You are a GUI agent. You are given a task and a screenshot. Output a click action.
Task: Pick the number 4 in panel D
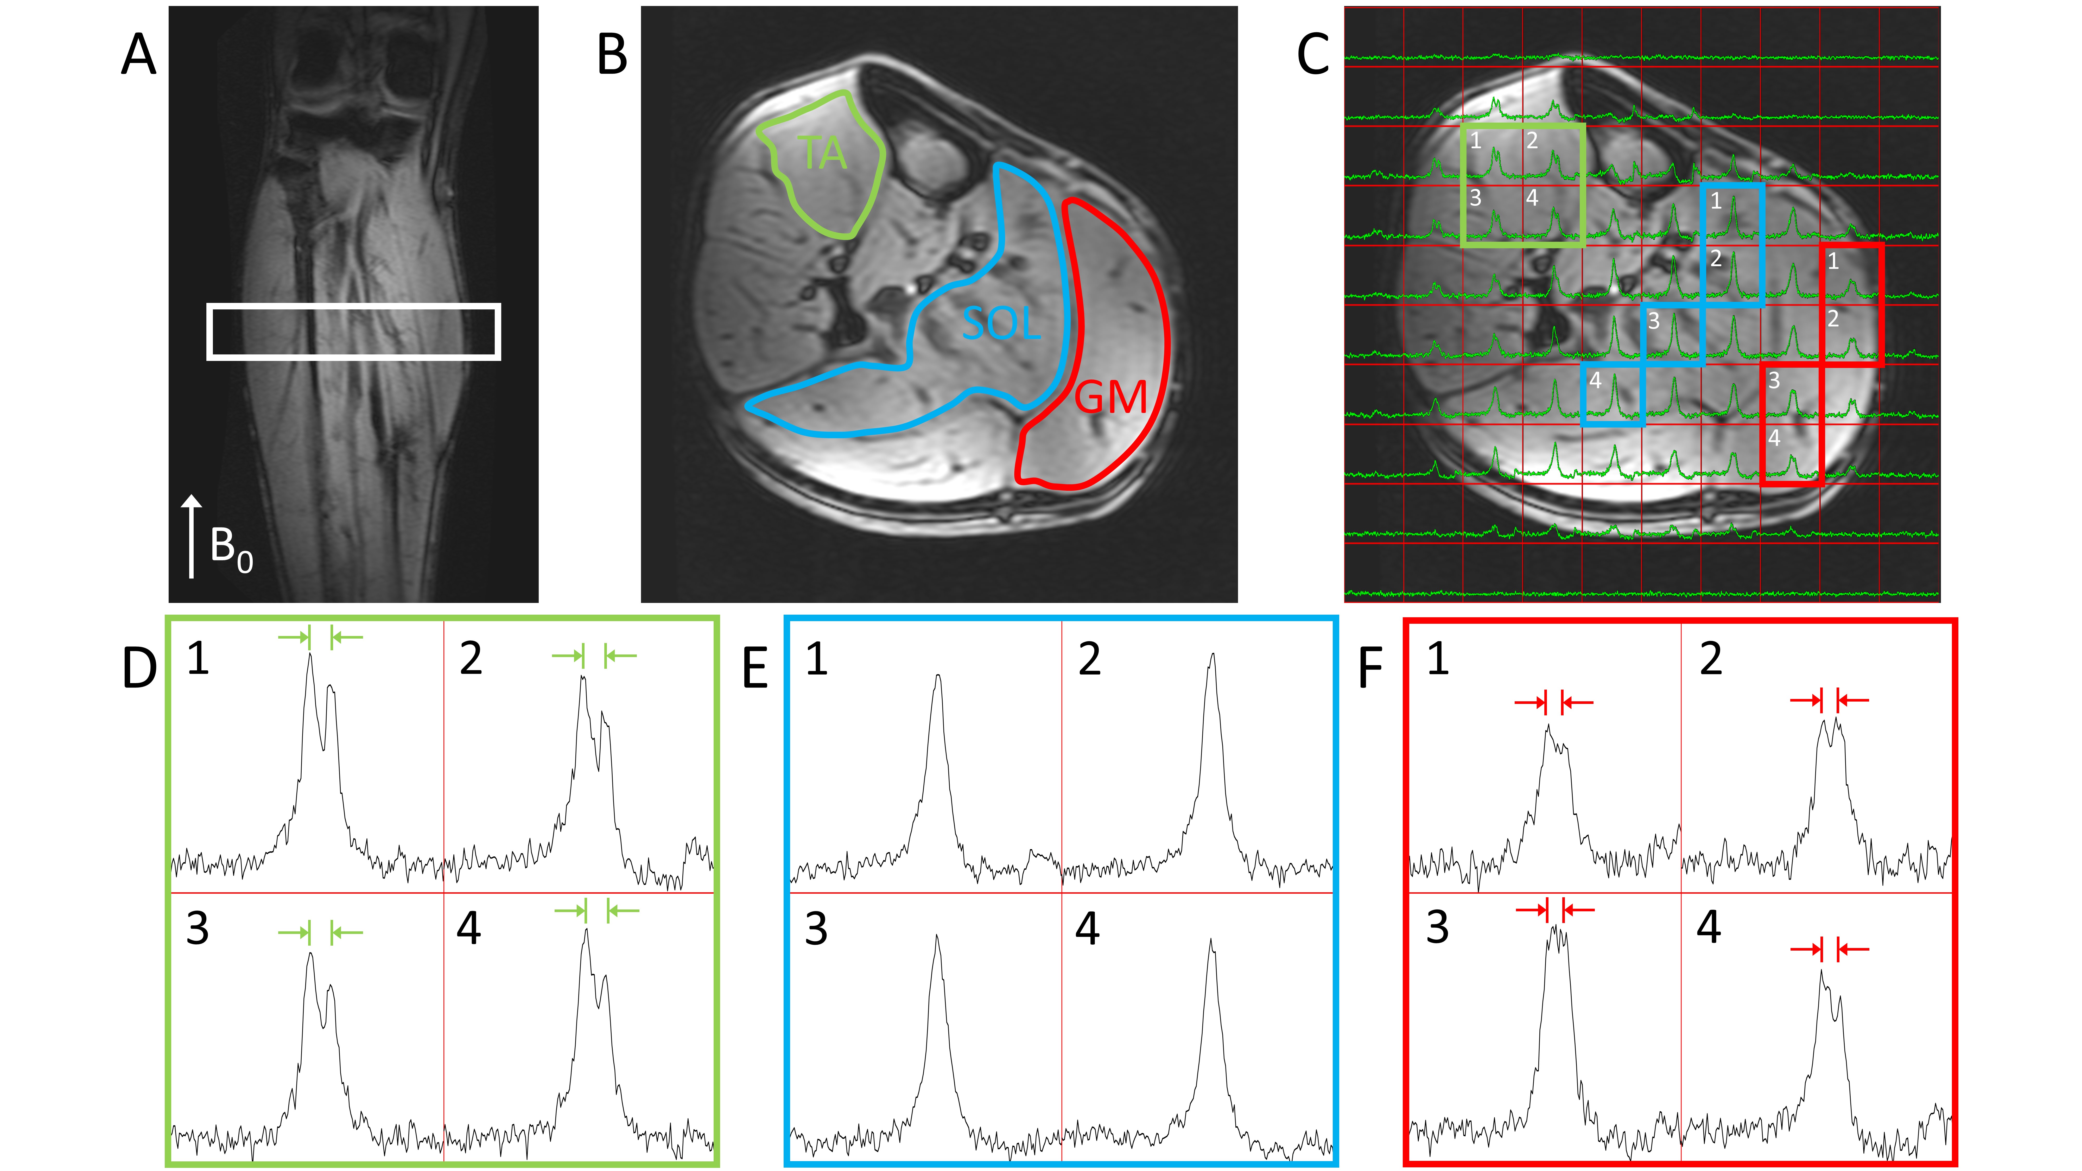[469, 928]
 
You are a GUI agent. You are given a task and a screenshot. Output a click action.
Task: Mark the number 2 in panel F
[1710, 659]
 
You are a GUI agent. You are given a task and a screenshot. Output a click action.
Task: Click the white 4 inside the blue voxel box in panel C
[1595, 380]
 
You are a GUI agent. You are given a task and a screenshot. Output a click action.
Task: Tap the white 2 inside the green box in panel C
[1532, 141]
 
